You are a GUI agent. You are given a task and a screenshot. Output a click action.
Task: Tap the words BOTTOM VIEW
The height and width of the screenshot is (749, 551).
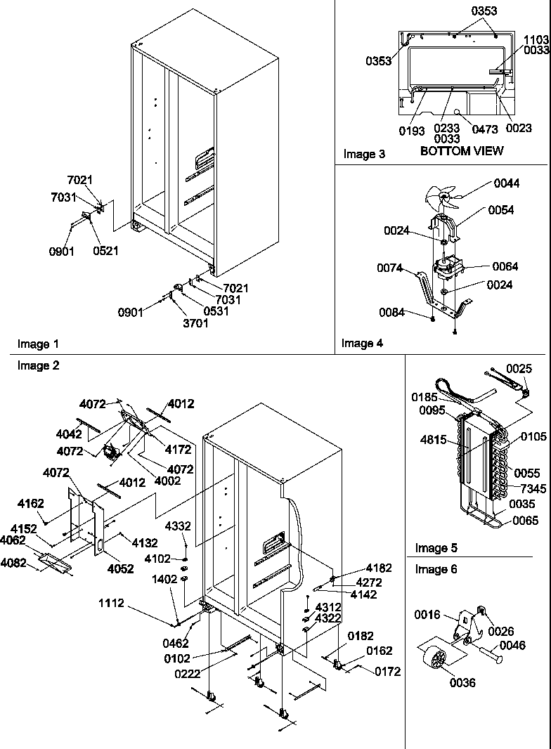pyautogui.click(x=462, y=151)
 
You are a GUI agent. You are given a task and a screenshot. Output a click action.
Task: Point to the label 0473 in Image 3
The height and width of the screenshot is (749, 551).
pyautogui.click(x=485, y=129)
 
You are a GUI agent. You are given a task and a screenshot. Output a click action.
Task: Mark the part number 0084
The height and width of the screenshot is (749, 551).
pyautogui.click(x=392, y=313)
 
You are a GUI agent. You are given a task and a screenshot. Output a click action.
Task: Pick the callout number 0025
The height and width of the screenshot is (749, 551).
pyautogui.click(x=519, y=368)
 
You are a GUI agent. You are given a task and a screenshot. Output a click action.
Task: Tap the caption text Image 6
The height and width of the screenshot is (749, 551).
pyautogui.click(x=436, y=569)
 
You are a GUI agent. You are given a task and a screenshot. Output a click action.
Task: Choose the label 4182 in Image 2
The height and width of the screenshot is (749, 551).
pyautogui.click(x=380, y=568)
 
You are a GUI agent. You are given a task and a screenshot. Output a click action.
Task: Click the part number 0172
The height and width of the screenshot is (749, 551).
pyautogui.click(x=387, y=671)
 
